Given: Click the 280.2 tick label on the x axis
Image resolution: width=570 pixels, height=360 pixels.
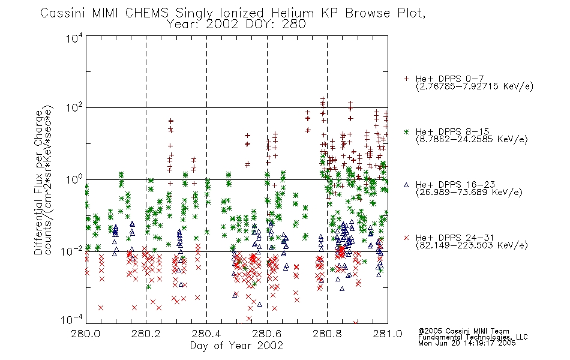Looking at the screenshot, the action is [146, 334].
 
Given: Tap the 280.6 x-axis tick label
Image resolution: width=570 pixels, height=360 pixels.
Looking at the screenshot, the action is [267, 334].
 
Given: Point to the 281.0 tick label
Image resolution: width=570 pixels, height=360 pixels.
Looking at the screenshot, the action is [388, 334].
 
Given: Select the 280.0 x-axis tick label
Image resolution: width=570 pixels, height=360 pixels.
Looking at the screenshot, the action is [86, 334].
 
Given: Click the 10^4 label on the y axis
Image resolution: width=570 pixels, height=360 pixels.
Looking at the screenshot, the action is [74, 38].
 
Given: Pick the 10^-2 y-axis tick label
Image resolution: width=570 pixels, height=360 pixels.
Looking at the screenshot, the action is [73, 251].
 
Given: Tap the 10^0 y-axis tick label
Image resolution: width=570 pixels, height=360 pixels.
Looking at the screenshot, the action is [74, 179].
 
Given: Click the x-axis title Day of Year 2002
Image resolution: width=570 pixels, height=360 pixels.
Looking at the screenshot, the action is [236, 346].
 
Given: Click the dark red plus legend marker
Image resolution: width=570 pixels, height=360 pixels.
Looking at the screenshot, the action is [406, 79].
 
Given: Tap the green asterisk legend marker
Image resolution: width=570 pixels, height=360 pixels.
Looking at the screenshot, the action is [406, 131].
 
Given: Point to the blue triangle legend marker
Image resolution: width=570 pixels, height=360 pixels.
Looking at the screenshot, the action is [406, 185].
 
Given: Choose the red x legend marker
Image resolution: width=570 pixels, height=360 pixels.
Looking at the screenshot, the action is [406, 238].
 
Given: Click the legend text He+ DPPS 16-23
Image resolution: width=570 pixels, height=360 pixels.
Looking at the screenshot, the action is [455, 185].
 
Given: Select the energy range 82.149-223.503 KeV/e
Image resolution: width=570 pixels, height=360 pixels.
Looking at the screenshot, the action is [472, 245].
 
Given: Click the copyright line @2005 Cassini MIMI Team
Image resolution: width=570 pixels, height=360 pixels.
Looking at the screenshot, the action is [464, 331].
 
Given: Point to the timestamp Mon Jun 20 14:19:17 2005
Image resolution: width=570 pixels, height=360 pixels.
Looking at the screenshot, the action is [467, 343].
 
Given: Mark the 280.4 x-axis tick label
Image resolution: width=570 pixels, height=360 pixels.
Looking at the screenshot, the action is [207, 334].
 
